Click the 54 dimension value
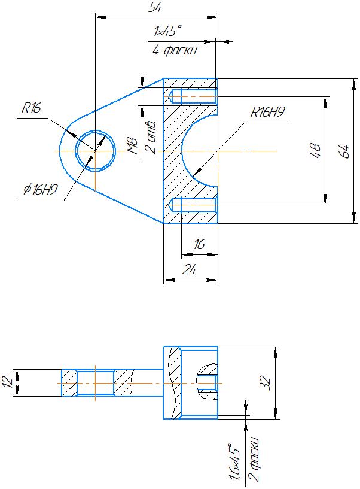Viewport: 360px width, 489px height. (155, 7)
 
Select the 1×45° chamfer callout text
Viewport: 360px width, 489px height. (167, 31)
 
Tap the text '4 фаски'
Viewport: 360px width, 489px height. (175, 50)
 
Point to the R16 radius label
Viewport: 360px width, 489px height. (31, 108)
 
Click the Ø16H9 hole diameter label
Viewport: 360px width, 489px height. (41, 189)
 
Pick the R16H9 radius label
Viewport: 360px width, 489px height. (268, 112)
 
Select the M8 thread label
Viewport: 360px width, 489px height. (133, 146)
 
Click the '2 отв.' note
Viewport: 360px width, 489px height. (152, 136)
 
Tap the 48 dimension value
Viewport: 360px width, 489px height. (315, 151)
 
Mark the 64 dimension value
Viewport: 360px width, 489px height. (344, 151)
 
